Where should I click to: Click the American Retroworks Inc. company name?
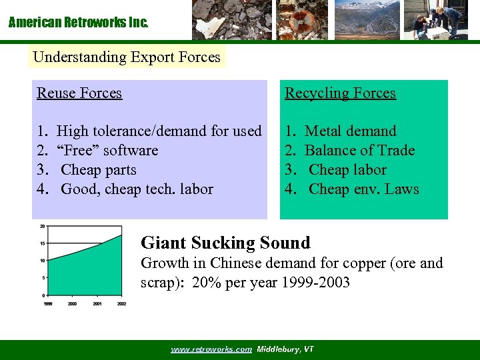pyautogui.click(x=78, y=23)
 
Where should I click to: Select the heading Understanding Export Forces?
pyautogui.click(x=127, y=57)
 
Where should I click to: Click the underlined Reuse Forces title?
pyautogui.click(x=79, y=93)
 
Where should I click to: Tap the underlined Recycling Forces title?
pyautogui.click(x=340, y=93)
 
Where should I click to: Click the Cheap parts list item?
pyautogui.click(x=98, y=170)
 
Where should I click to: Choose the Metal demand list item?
pyautogui.click(x=350, y=131)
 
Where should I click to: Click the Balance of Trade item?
pyautogui.click(x=359, y=151)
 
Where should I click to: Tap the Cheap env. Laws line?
pyautogui.click(x=363, y=189)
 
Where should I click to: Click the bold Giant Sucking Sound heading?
pyautogui.click(x=226, y=243)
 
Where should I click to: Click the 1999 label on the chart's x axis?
pyautogui.click(x=48, y=303)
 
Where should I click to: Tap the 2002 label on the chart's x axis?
pyautogui.click(x=121, y=303)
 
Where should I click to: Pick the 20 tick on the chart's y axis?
pyautogui.click(x=42, y=227)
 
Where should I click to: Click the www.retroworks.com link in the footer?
pyautogui.click(x=211, y=349)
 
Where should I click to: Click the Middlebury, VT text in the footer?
pyautogui.click(x=285, y=349)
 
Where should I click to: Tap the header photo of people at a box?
pyautogui.click(x=436, y=20)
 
